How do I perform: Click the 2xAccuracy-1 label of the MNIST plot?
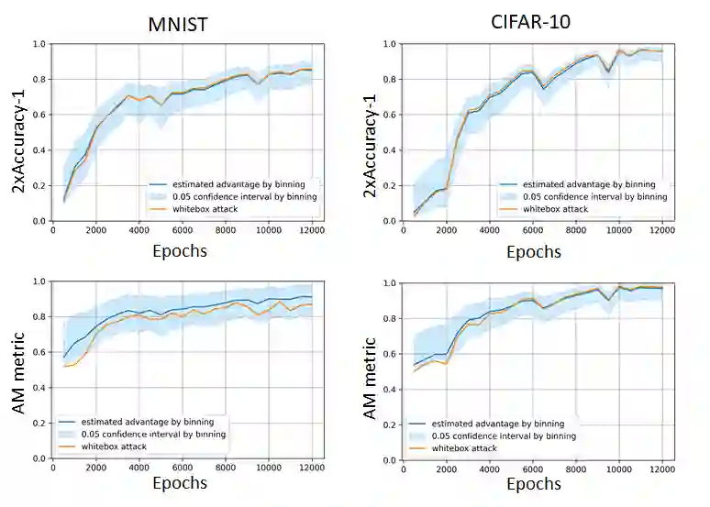(x=18, y=133)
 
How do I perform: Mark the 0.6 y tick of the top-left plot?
(x=38, y=115)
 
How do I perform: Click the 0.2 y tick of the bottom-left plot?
(x=38, y=423)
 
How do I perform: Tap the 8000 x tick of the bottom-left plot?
(x=226, y=467)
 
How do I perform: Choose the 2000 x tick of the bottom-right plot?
(x=447, y=468)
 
